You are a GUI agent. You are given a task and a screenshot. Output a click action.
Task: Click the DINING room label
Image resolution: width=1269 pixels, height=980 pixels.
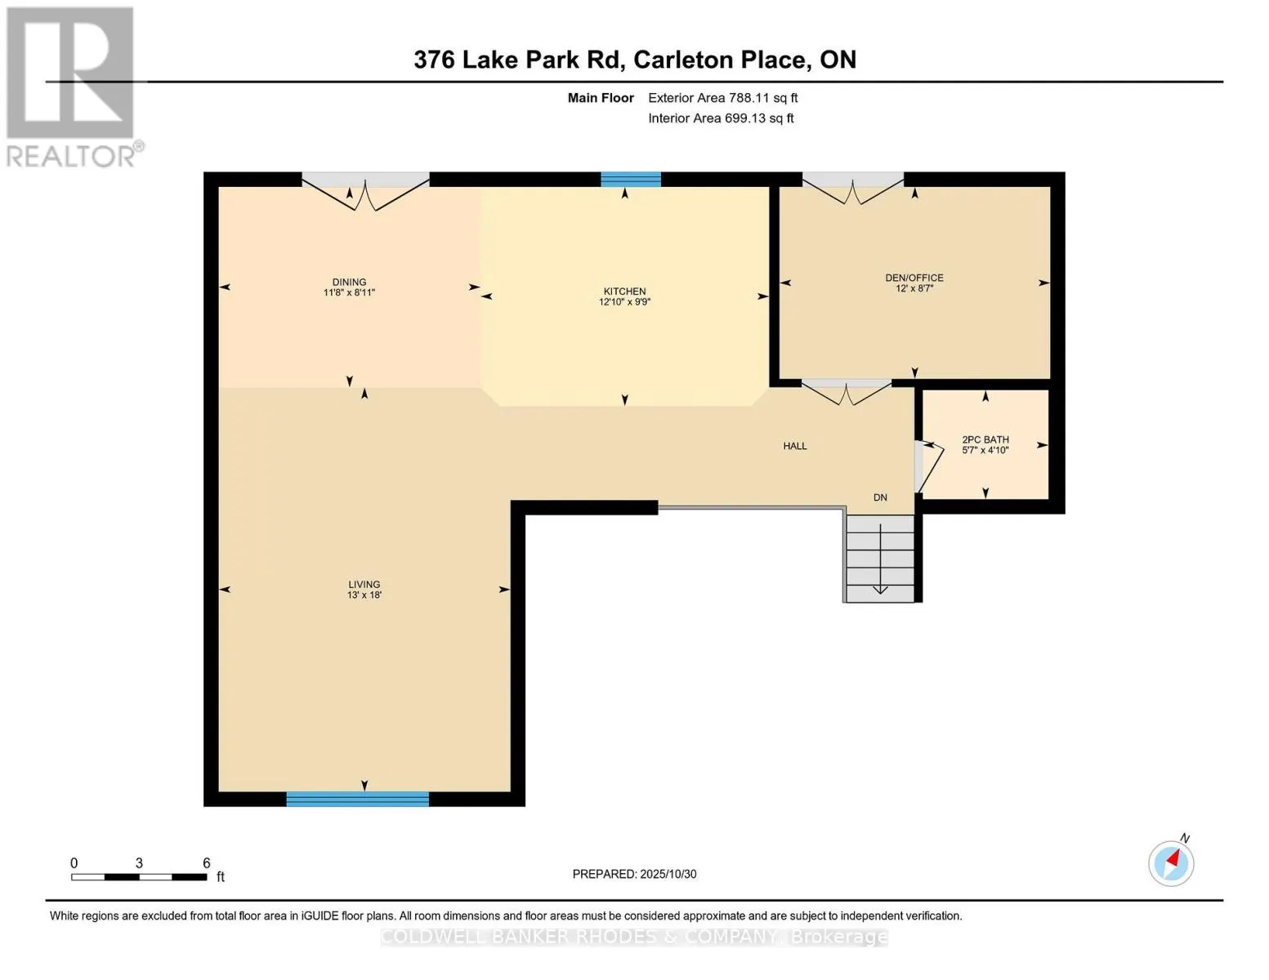tap(349, 287)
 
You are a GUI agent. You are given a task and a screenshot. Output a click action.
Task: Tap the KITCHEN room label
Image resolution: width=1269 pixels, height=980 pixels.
tap(624, 296)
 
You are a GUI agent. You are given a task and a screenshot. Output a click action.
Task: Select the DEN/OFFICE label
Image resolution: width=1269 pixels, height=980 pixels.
tap(914, 283)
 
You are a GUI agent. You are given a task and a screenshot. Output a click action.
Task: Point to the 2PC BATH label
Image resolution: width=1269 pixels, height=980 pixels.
tap(985, 444)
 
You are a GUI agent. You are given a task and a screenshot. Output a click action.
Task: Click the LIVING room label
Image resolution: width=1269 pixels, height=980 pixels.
tap(364, 589)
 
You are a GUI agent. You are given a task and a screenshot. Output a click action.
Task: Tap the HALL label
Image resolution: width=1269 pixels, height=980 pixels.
tap(794, 446)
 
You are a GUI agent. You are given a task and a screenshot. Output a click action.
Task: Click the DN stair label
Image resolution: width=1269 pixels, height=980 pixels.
tap(880, 497)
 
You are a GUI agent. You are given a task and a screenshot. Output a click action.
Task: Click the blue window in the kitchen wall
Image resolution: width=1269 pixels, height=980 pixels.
tap(631, 180)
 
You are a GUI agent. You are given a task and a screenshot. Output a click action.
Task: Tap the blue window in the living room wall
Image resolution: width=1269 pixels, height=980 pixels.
tap(357, 799)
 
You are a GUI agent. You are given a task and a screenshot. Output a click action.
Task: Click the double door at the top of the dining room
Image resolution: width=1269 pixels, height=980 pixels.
tap(365, 189)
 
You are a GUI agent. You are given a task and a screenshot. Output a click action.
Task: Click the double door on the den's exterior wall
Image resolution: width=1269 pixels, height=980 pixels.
tap(853, 187)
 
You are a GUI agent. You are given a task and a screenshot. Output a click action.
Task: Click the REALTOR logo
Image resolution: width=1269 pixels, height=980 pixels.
tap(71, 87)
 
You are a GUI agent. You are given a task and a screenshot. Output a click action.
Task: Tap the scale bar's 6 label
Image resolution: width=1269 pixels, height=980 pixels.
tap(207, 862)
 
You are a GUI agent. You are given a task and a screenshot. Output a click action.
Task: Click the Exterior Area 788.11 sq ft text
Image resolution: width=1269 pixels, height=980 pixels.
tap(722, 98)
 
